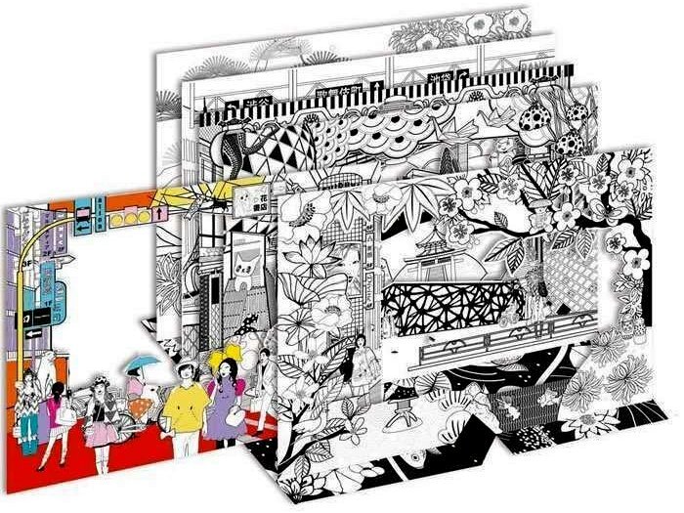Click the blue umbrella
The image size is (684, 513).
143,364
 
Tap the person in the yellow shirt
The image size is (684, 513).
186,406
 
